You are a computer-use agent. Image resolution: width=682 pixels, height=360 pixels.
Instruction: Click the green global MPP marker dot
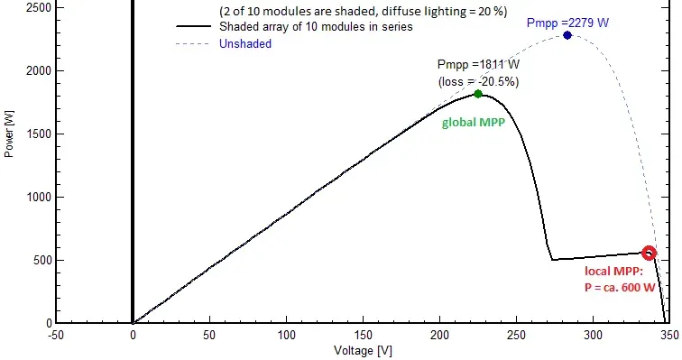pyautogui.click(x=478, y=94)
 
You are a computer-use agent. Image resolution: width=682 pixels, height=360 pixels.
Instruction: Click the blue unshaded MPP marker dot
pyautogui.click(x=567, y=35)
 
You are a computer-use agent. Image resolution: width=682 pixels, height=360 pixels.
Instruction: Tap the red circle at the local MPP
pyautogui.click(x=649, y=253)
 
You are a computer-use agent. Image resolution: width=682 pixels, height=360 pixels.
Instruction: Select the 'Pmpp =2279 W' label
pyautogui.click(x=567, y=23)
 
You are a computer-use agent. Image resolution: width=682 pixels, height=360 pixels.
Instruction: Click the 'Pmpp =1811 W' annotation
pyautogui.click(x=478, y=65)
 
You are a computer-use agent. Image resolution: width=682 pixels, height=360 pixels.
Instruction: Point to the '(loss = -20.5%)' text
pyautogui.click(x=478, y=82)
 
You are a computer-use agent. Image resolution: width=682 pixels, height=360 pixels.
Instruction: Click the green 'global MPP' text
pyautogui.click(x=474, y=123)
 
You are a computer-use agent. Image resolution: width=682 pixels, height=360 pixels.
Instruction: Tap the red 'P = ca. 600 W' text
pyautogui.click(x=620, y=288)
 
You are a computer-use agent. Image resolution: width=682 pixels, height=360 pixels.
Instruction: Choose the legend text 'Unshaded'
pyautogui.click(x=245, y=43)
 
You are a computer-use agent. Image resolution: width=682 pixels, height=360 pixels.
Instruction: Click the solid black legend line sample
pyautogui.click(x=194, y=26)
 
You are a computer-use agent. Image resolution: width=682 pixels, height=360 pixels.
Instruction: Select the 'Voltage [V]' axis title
pyautogui.click(x=363, y=350)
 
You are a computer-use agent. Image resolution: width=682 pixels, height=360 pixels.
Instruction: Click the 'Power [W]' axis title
pyautogui.click(x=9, y=134)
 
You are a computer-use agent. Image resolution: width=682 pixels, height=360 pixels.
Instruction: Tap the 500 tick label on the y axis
pyautogui.click(x=42, y=260)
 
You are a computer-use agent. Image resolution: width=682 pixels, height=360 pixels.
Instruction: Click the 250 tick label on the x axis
pyautogui.click(x=516, y=336)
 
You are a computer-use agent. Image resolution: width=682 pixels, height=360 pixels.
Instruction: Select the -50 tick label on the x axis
pyautogui.click(x=56, y=336)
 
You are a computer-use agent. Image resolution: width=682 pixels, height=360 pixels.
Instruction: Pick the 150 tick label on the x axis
pyautogui.click(x=363, y=336)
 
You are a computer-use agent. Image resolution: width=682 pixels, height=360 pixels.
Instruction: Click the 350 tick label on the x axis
pyautogui.click(x=669, y=336)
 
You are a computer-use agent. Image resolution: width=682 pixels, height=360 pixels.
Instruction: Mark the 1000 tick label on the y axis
pyautogui.click(x=39, y=197)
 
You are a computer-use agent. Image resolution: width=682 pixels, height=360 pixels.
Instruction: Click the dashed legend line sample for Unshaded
pyautogui.click(x=194, y=44)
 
